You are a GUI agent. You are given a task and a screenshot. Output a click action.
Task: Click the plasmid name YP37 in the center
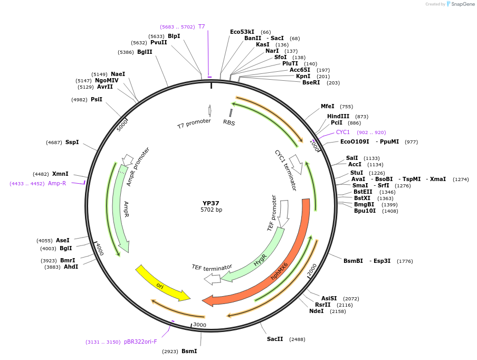pyautogui.click(x=211, y=203)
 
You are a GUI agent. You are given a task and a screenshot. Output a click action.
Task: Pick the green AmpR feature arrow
pyautogui.click(x=121, y=211)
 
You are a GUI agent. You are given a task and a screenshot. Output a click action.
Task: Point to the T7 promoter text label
pyautogui.click(x=194, y=124)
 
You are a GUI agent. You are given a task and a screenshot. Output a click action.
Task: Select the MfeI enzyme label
pyautogui.click(x=328, y=106)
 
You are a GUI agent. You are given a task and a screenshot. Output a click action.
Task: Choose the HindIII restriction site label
pyautogui.click(x=338, y=116)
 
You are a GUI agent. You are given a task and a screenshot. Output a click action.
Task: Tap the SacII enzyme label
pyautogui.click(x=275, y=339)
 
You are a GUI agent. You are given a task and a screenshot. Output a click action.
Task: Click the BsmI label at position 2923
pyautogui.click(x=189, y=351)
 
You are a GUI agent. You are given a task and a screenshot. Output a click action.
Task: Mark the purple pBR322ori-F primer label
pyautogui.click(x=140, y=342)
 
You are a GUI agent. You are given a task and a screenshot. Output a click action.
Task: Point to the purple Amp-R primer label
pyautogui.click(x=57, y=183)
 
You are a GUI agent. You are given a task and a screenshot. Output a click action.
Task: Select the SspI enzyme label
pyautogui.click(x=72, y=142)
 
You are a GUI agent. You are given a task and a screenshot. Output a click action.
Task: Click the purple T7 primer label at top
pyautogui.click(x=202, y=26)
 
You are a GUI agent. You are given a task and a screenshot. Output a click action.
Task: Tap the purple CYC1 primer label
pyautogui.click(x=343, y=132)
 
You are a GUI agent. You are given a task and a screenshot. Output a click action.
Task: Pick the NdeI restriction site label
pyautogui.click(x=317, y=311)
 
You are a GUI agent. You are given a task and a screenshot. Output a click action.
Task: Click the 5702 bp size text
pyautogui.click(x=211, y=210)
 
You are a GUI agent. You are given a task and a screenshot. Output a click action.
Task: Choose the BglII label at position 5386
pyautogui.click(x=145, y=52)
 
